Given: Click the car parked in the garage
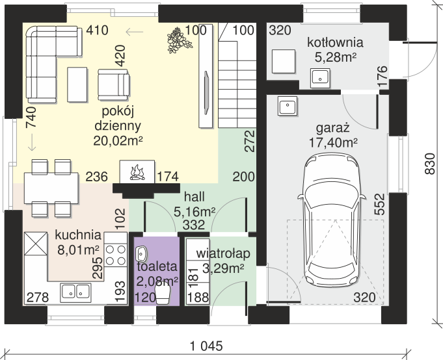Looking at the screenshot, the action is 331,220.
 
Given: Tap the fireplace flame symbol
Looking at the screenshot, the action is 137,172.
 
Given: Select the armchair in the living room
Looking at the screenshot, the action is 114,84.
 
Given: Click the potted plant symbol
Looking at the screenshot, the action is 178,40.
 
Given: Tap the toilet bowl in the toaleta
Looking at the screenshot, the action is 163,294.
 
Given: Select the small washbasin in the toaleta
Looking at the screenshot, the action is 141,254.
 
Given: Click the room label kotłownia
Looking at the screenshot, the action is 335,43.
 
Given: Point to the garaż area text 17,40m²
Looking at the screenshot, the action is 333,142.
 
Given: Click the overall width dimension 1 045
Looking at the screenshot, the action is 206,346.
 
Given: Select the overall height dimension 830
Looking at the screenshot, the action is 429,164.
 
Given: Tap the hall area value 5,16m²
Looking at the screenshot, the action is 195,212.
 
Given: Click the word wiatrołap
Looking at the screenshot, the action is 223,253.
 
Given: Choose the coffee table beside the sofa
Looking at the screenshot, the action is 77,84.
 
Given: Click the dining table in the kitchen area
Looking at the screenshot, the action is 51,188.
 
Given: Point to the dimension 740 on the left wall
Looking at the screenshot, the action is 31,117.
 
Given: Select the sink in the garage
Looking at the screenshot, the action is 288,105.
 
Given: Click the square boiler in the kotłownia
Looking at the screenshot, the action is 284,61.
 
